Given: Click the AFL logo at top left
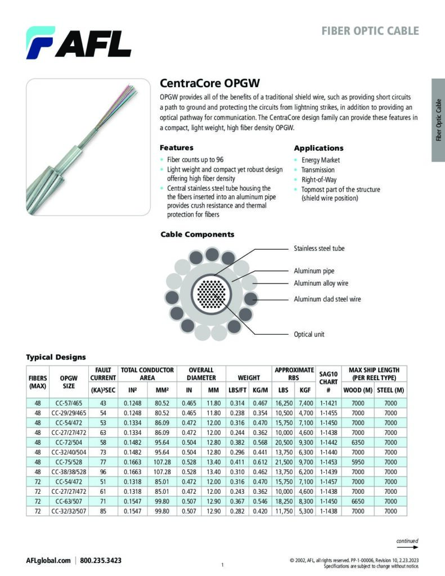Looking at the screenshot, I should (x=78, y=43).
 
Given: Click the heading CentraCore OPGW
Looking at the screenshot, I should (x=209, y=83).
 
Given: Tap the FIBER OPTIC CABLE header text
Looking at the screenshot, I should (x=370, y=30).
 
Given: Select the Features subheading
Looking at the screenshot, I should (x=177, y=148).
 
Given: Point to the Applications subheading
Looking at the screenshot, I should (x=318, y=148).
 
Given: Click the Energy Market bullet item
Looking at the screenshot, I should (x=320, y=160).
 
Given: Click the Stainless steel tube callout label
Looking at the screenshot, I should (x=319, y=248).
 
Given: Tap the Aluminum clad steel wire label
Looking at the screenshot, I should (x=327, y=299).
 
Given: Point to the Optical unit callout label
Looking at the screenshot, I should (x=309, y=334).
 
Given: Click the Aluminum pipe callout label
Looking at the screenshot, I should (x=314, y=271).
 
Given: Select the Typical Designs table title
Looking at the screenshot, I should (x=56, y=357).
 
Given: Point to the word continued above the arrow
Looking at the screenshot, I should (x=407, y=541).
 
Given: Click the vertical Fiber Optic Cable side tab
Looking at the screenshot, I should (x=438, y=120).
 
